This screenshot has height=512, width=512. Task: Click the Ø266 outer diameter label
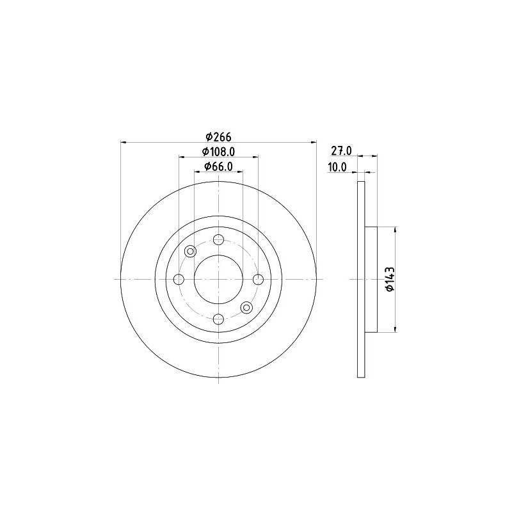click(x=218, y=137)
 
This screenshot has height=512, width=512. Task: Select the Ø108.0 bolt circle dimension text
click(x=218, y=152)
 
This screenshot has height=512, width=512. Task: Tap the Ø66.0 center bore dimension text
click(x=218, y=166)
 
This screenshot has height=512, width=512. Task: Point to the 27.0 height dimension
click(x=341, y=151)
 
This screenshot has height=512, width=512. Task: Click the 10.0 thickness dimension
click(x=337, y=167)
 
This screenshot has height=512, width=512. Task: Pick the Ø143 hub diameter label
click(x=390, y=279)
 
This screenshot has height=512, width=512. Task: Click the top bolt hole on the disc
click(x=218, y=239)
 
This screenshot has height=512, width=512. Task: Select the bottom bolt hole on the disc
click(x=218, y=319)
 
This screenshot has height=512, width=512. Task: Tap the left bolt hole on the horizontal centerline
click(x=179, y=279)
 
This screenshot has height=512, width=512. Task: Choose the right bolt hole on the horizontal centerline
click(x=259, y=279)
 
